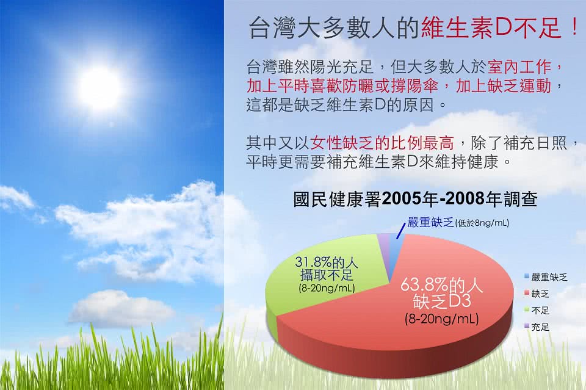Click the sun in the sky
[99, 86]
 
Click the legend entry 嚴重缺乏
[546, 277]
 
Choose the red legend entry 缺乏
[537, 294]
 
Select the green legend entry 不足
[537, 311]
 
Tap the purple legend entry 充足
[537, 327]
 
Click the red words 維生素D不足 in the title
[491, 28]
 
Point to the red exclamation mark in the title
[574, 28]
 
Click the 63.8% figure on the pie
[424, 286]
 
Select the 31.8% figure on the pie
[313, 262]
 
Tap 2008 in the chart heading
[465, 199]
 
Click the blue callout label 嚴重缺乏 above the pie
[430, 223]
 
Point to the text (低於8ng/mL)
[482, 223]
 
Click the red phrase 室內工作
[520, 67]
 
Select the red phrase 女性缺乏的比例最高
[382, 143]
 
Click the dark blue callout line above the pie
[400, 231]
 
